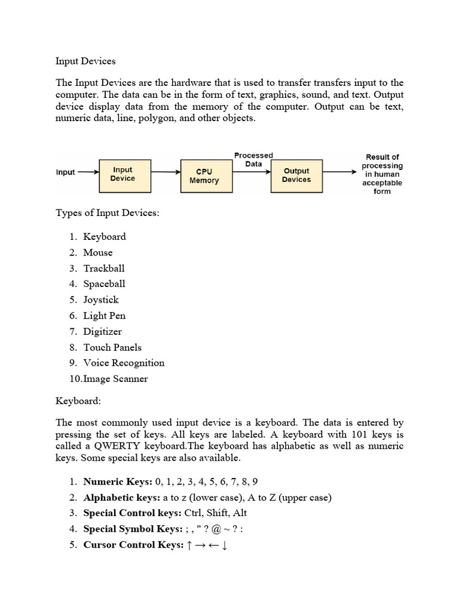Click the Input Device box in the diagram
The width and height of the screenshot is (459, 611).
(x=123, y=174)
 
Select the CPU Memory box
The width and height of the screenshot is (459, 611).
(x=204, y=176)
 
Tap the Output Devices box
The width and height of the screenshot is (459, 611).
(x=296, y=175)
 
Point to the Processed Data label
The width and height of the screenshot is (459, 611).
(x=253, y=159)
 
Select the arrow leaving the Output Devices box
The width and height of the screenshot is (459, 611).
(x=339, y=172)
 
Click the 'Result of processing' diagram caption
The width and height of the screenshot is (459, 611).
(x=382, y=174)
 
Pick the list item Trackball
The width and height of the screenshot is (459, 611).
(x=104, y=269)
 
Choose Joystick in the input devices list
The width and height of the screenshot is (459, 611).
(x=101, y=300)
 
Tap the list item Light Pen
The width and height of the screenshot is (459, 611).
(x=105, y=316)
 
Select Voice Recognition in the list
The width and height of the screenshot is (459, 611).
(x=124, y=363)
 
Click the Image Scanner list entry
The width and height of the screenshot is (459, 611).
(x=115, y=379)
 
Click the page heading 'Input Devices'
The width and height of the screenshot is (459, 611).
(x=85, y=61)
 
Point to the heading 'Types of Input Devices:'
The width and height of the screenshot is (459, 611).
(x=108, y=214)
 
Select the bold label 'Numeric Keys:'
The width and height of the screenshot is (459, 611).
(x=118, y=482)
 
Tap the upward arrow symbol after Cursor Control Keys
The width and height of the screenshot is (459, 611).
(x=189, y=545)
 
